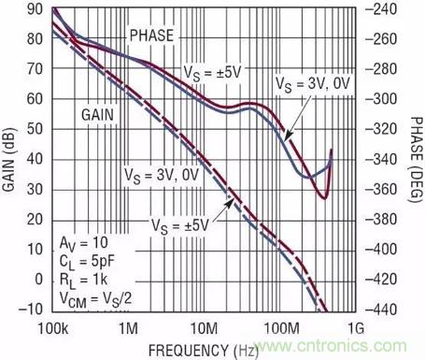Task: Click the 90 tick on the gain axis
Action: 35,9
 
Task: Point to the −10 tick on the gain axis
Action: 31,310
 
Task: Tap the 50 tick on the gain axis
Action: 35,129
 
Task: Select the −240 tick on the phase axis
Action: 381,9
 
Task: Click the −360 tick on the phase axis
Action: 381,189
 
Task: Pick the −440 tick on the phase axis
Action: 381,310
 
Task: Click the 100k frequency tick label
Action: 53,328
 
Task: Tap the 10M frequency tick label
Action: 205,328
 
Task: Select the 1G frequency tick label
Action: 356,328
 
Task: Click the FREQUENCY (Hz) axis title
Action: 204,351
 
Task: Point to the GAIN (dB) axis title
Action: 8,159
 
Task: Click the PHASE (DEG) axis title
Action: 416,159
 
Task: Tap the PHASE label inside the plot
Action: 151,36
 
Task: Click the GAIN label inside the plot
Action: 98,115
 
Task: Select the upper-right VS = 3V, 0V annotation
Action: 313,84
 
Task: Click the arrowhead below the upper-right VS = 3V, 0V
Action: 288,135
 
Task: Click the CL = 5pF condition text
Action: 87,262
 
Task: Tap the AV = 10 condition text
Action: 84,243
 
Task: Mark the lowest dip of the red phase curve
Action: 325,198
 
